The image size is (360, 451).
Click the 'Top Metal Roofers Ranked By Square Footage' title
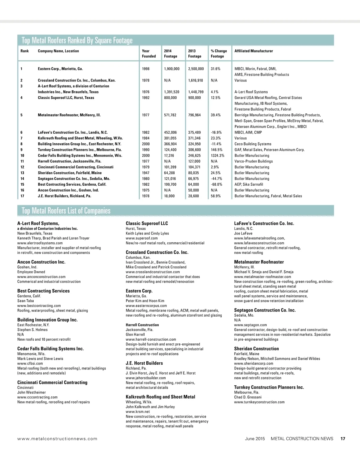(x=77, y=40)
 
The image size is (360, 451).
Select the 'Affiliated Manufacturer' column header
(x=253, y=51)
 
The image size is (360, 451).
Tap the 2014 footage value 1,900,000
(x=172, y=69)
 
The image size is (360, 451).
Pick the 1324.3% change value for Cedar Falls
(x=217, y=155)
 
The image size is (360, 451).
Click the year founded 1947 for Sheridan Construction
(x=145, y=173)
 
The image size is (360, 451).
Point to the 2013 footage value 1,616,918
(x=196, y=80)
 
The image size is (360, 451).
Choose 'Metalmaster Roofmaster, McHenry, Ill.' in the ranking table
(x=69, y=115)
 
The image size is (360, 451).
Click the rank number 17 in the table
(x=22, y=196)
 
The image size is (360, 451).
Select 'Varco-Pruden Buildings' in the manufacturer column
(x=253, y=161)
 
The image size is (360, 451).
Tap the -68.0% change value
(x=216, y=184)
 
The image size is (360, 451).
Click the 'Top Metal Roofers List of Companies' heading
(x=66, y=211)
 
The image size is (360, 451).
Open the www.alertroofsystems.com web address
(x=40, y=243)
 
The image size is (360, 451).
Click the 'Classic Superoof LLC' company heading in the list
(x=147, y=223)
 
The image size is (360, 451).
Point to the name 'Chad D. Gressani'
(x=248, y=397)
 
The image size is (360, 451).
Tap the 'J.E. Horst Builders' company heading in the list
(x=144, y=363)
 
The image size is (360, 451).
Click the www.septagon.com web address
(x=250, y=325)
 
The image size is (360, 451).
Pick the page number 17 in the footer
(x=343, y=439)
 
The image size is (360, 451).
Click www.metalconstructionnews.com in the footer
(x=57, y=439)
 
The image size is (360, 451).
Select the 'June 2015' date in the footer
(x=255, y=439)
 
